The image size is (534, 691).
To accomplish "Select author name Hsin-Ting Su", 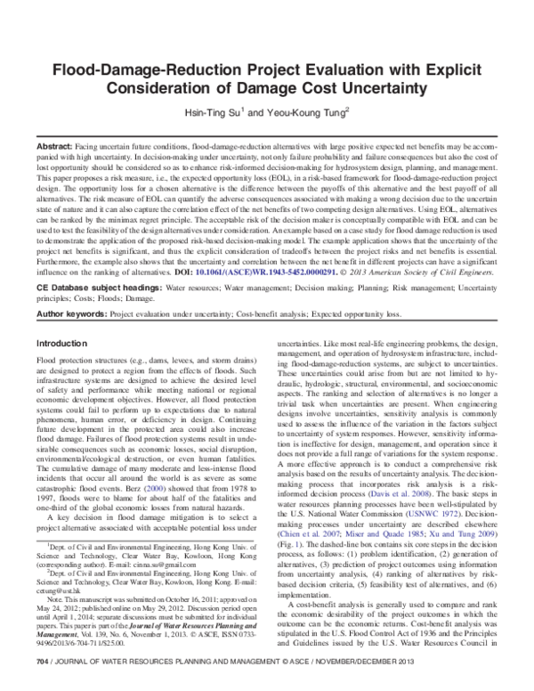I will click(215, 114).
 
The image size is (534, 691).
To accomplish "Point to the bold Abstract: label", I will click(56, 145).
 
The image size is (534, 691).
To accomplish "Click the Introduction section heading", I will click(61, 318).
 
